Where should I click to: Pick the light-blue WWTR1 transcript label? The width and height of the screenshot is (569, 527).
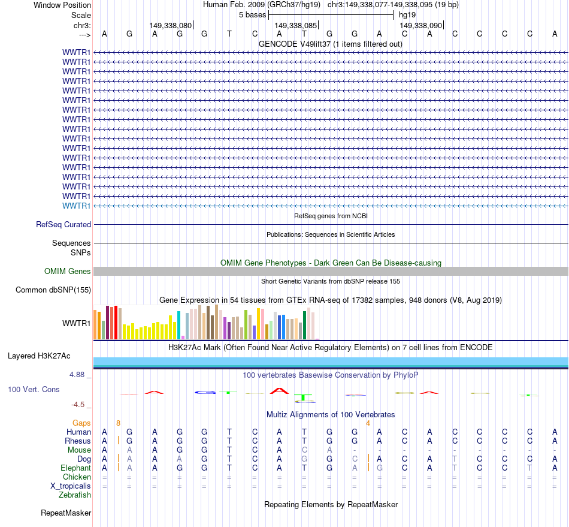(x=77, y=206)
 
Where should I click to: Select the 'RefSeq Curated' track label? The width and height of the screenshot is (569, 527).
(x=63, y=225)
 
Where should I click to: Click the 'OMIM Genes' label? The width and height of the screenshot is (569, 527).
(x=68, y=272)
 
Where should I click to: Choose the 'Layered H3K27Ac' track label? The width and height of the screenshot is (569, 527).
(x=39, y=356)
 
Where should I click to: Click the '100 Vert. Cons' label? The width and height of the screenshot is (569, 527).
(x=34, y=390)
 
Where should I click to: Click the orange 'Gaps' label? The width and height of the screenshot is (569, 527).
(x=82, y=423)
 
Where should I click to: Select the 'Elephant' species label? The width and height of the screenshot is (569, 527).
(x=76, y=468)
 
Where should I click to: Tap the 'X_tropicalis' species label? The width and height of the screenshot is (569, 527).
(x=71, y=486)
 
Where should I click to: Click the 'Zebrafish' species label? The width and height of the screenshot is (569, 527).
(x=75, y=495)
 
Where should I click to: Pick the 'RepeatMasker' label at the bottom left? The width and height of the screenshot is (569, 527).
(x=66, y=513)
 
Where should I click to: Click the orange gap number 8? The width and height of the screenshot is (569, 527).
(x=119, y=423)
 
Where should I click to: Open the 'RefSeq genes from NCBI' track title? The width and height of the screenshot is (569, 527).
(x=331, y=216)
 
